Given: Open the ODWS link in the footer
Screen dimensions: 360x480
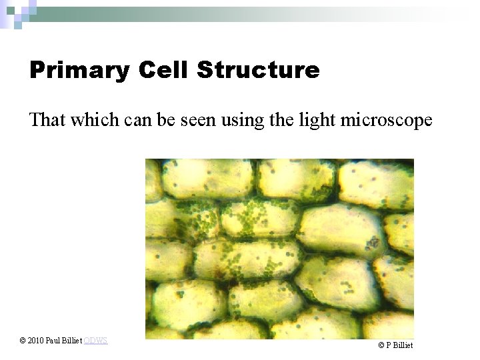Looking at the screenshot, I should point(95,341).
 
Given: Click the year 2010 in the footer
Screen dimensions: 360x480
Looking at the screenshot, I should point(36,341).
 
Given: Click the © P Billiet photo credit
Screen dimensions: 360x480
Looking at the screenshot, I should point(395,345).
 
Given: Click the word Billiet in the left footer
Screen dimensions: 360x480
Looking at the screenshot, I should point(72,341).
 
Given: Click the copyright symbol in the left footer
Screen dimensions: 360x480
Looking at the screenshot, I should point(23,341).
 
